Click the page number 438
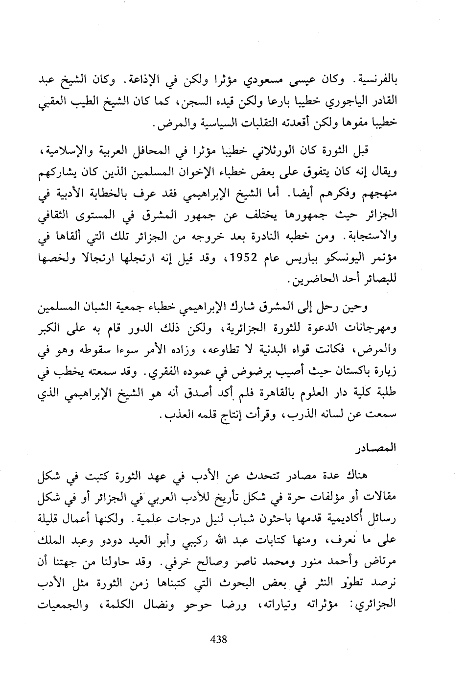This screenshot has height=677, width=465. (x=218, y=639)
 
